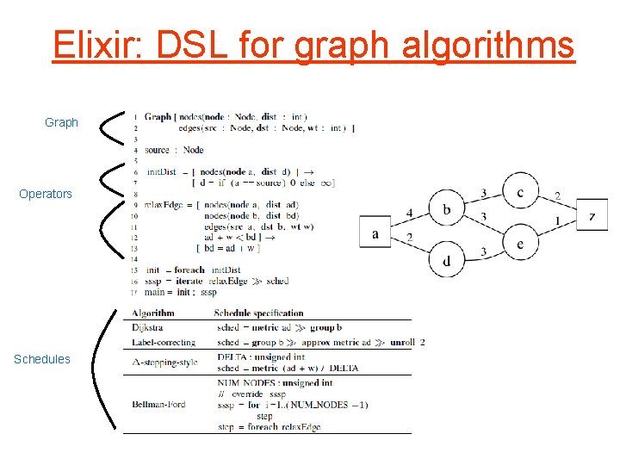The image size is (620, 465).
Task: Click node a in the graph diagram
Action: (375, 232)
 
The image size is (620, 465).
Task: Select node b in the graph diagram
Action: (446, 208)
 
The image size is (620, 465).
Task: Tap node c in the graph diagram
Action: (520, 192)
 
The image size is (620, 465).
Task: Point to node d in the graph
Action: (446, 261)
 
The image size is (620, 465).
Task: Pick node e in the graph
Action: (520, 244)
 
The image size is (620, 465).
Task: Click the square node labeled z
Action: (592, 215)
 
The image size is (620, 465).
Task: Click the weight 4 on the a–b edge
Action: (408, 212)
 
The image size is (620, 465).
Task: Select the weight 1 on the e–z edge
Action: (558, 221)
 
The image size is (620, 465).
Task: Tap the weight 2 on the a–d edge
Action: (408, 237)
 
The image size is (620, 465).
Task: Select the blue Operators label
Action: (46, 194)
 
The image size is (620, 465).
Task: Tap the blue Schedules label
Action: (42, 359)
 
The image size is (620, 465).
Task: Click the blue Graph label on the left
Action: (61, 123)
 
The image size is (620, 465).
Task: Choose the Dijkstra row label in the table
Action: (147, 327)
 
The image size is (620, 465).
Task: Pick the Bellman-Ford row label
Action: (160, 404)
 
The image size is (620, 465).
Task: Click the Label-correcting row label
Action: (164, 342)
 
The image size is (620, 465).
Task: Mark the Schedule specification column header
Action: (258, 313)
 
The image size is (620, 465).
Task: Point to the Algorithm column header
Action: (153, 313)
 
